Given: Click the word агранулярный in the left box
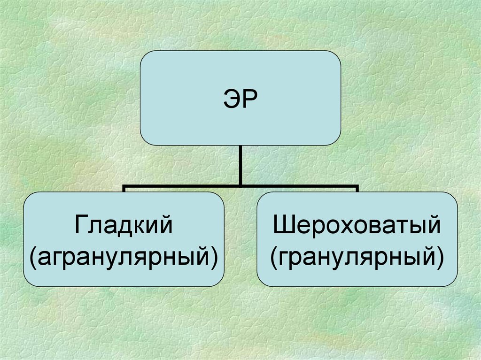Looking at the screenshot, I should click(x=124, y=256).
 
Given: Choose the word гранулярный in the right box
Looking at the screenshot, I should click(x=357, y=256).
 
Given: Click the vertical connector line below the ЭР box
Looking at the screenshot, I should click(x=240, y=164).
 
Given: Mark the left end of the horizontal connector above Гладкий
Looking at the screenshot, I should click(x=124, y=188).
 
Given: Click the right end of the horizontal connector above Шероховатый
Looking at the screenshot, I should click(x=357, y=188).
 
